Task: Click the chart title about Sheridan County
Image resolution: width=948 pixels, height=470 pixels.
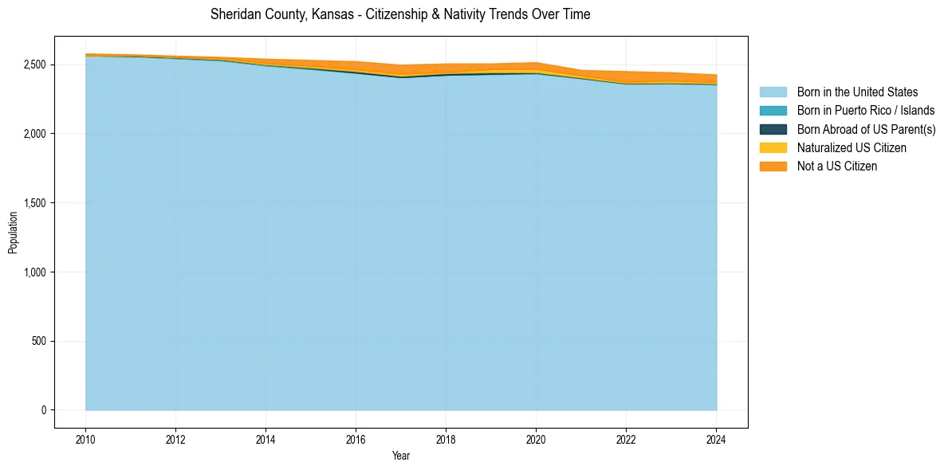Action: click(400, 15)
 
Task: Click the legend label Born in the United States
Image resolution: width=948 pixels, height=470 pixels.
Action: click(857, 92)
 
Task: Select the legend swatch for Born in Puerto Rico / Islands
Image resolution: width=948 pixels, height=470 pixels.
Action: click(773, 111)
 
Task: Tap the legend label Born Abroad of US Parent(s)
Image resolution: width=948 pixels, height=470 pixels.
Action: click(866, 129)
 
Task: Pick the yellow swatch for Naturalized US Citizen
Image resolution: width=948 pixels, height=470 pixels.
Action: click(773, 147)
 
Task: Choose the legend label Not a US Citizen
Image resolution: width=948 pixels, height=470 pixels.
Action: click(836, 166)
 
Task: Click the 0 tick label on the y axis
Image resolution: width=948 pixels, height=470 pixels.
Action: click(45, 410)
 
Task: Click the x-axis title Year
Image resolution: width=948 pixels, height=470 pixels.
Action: click(401, 456)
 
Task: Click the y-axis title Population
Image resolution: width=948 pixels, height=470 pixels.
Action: click(13, 232)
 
